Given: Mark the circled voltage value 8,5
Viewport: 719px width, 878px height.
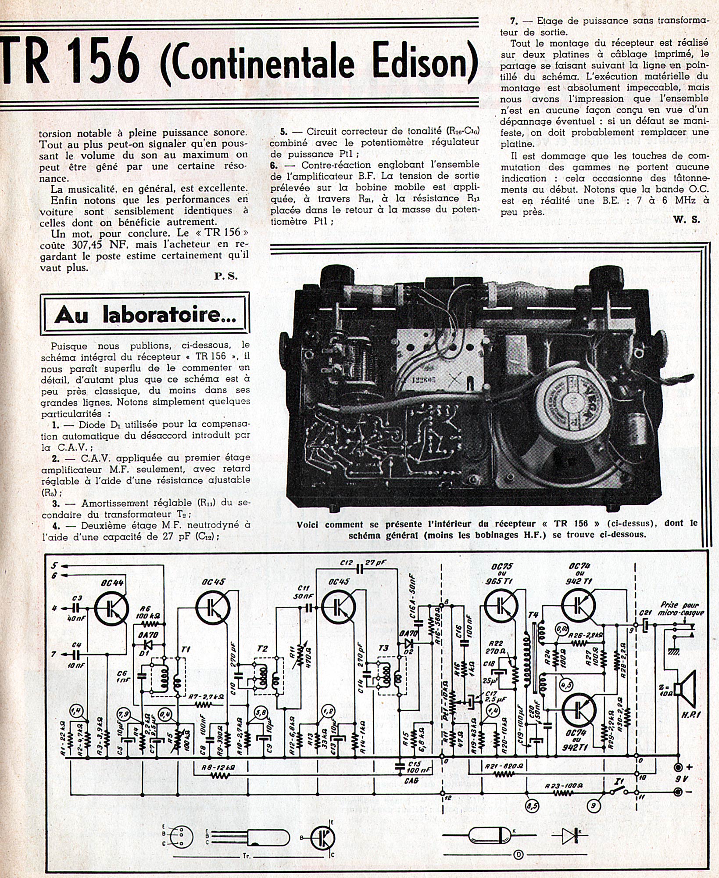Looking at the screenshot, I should coord(533,806).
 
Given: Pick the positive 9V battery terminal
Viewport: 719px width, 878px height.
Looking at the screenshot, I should coord(678,767).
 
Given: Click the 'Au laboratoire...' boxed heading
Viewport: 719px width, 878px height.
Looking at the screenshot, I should coord(145,315).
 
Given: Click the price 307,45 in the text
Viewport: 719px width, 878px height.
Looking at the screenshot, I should coord(83,244).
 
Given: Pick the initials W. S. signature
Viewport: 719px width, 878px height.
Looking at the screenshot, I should coord(687,219).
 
